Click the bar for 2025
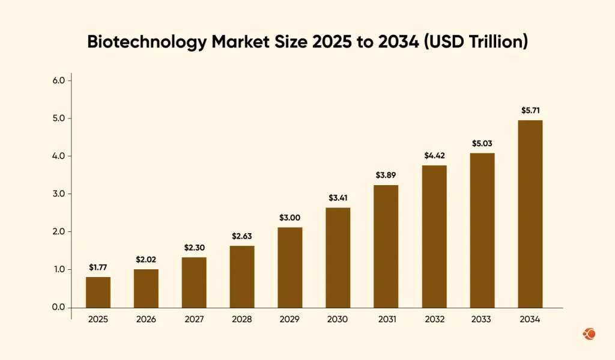pyautogui.click(x=98, y=292)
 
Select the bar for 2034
pyautogui.click(x=530, y=214)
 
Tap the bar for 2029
pyautogui.click(x=290, y=267)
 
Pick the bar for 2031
pyautogui.click(x=386, y=246)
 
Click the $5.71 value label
pyautogui.click(x=530, y=111)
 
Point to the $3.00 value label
pyautogui.click(x=290, y=218)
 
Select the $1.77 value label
pyautogui.click(x=98, y=267)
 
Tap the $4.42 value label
pyautogui.click(x=434, y=156)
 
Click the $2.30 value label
pyautogui.click(x=194, y=248)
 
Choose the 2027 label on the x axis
pyautogui.click(x=194, y=320)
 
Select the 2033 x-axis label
pyautogui.click(x=482, y=320)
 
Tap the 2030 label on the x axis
pyautogui.click(x=338, y=320)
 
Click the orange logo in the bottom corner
pyautogui.click(x=589, y=333)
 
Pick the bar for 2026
pyautogui.click(x=146, y=288)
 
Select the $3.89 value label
pyautogui.click(x=386, y=175)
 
